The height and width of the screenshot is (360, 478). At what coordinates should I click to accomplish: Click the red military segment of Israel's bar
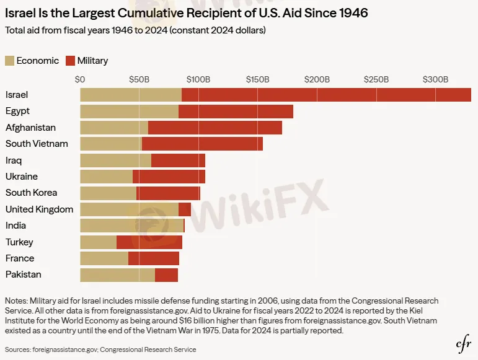(x=326, y=95)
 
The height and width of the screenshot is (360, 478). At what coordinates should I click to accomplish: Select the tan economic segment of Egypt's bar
(x=129, y=112)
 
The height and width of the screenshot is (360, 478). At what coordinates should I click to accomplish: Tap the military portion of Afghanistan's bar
(x=215, y=128)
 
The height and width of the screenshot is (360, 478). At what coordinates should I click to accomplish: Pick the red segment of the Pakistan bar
(x=166, y=275)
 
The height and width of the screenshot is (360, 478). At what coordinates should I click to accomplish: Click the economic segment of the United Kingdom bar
(x=129, y=209)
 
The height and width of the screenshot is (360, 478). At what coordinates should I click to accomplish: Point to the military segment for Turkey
(x=149, y=242)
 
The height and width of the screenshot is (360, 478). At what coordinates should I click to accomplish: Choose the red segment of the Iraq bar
(x=178, y=160)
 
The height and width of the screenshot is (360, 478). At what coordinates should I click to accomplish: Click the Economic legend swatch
(x=9, y=61)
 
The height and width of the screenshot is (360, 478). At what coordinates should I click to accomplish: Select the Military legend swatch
(x=70, y=61)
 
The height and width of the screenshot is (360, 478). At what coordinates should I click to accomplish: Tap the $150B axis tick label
(x=257, y=79)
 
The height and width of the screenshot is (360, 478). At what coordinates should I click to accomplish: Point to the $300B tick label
(x=435, y=79)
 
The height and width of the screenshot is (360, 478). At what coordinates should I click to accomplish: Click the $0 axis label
(x=80, y=79)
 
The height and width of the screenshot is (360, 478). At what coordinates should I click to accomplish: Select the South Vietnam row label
(x=37, y=144)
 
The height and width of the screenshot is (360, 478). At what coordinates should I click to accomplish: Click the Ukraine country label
(x=22, y=177)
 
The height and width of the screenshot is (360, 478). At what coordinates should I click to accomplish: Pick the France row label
(x=20, y=258)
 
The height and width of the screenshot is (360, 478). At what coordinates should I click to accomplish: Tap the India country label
(x=15, y=226)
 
